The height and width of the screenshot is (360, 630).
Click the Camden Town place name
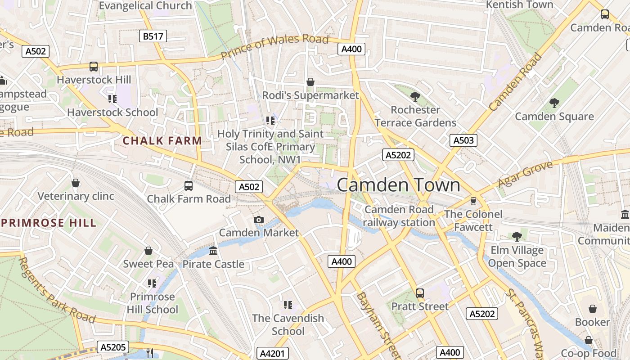(x=398, y=185)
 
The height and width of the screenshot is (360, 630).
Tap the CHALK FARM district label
(x=162, y=140)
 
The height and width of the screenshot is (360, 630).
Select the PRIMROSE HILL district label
(x=49, y=223)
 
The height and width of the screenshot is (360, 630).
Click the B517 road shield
(x=153, y=36)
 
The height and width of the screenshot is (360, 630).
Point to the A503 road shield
(x=463, y=140)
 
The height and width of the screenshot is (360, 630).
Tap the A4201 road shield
(x=272, y=353)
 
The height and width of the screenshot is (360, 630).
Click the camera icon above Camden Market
(x=258, y=220)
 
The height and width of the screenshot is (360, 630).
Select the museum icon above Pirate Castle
(x=213, y=251)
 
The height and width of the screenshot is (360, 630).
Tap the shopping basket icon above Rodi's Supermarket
(x=310, y=82)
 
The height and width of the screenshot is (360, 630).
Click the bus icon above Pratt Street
(x=420, y=293)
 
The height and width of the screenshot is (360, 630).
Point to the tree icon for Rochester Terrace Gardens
(x=415, y=96)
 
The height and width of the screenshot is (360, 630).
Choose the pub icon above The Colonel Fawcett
(x=473, y=201)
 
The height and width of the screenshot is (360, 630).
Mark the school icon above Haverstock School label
(x=112, y=99)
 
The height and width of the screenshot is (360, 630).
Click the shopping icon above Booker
(x=592, y=309)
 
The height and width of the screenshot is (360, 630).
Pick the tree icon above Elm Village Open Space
(x=517, y=236)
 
